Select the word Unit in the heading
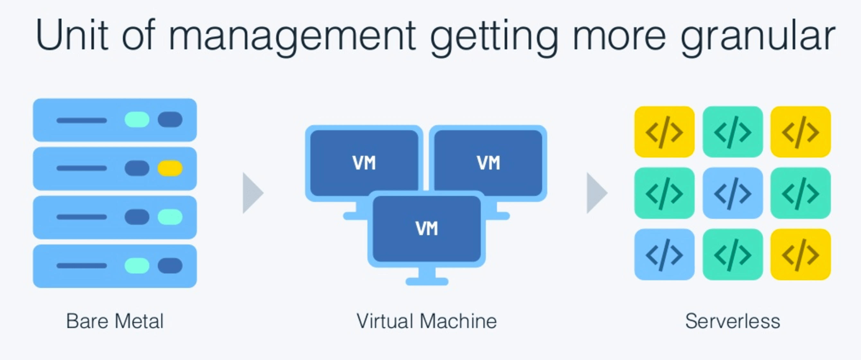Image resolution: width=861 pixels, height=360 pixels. (x=72, y=35)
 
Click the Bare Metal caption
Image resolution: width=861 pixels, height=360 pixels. (x=115, y=321)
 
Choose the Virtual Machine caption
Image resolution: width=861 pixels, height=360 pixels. (x=427, y=321)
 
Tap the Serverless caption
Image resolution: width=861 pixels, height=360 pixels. (x=732, y=321)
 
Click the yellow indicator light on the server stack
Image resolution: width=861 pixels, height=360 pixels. (x=170, y=168)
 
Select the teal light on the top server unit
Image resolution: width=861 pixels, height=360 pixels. (x=137, y=120)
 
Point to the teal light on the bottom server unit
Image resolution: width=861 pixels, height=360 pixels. (x=137, y=266)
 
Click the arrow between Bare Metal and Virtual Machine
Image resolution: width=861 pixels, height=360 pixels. (x=252, y=193)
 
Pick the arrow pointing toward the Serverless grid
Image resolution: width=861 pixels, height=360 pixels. (x=596, y=193)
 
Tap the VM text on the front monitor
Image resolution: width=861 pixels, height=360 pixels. (x=427, y=229)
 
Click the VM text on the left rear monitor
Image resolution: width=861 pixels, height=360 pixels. (x=364, y=163)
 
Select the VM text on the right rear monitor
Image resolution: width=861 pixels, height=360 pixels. (x=488, y=163)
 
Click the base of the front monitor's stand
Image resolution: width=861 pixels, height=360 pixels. (x=427, y=282)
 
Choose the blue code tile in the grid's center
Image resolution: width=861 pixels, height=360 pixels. (x=732, y=193)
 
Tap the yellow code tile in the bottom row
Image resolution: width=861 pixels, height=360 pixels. (x=801, y=254)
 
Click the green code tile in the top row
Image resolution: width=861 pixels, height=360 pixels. (x=732, y=132)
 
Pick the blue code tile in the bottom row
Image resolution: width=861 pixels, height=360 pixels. (x=664, y=254)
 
